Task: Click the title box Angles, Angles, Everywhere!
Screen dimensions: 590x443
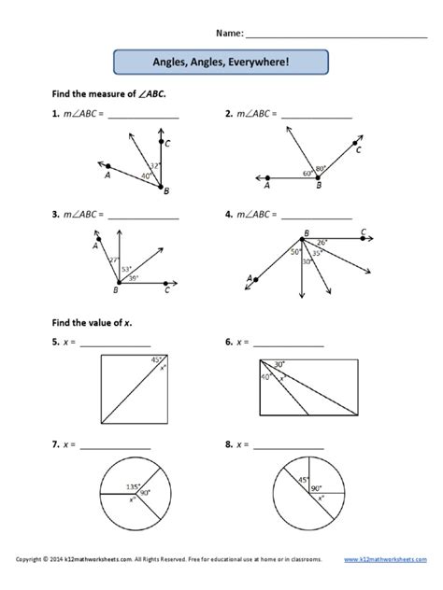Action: tap(221, 63)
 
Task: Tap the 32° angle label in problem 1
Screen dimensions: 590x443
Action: tap(155, 165)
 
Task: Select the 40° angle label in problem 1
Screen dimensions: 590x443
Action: tap(146, 175)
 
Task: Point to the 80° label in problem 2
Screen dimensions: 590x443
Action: tap(321, 168)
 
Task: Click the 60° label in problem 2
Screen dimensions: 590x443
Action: tap(307, 174)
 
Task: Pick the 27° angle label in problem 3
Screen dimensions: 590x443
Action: tap(114, 261)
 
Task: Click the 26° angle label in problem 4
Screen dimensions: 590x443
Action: tap(322, 244)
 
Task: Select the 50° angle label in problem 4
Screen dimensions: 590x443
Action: tap(294, 252)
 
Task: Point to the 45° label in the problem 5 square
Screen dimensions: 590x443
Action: tap(160, 358)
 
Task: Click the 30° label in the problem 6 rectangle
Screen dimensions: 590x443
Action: tap(279, 365)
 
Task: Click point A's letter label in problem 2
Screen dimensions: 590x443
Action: tap(267, 186)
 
